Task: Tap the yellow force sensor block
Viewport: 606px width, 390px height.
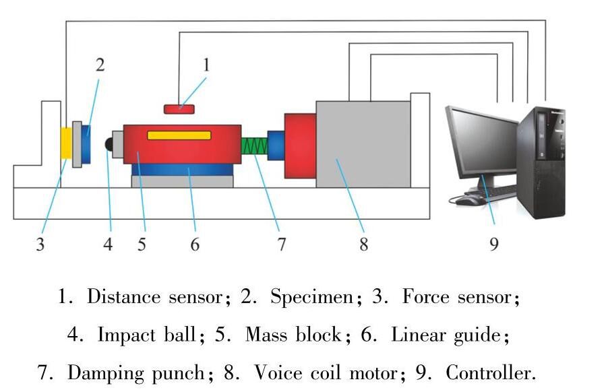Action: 66,143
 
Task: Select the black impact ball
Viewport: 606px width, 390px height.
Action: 108,143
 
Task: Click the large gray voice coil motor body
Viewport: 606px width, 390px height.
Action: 363,144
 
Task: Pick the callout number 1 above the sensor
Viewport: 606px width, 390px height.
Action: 206,65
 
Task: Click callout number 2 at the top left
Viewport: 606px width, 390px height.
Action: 100,65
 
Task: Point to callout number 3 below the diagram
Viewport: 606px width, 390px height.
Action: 40,245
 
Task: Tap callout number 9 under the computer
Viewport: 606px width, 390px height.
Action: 494,245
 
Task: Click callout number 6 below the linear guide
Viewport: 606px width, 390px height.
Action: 195,245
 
